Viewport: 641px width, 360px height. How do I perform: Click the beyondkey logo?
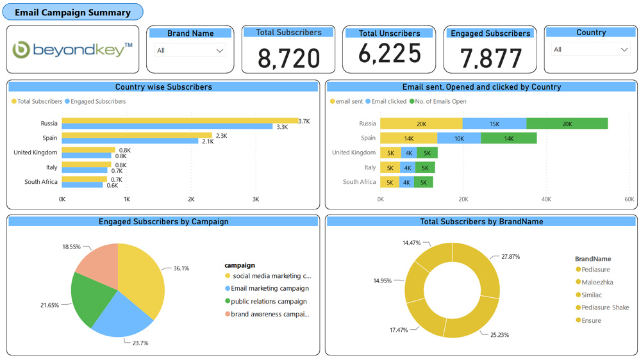[72, 49]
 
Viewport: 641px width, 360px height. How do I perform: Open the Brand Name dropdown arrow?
[220, 51]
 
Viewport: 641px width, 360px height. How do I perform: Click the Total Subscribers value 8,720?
[288, 58]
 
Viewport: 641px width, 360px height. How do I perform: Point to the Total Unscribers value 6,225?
[390, 54]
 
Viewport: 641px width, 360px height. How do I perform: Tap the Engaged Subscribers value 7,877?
[491, 58]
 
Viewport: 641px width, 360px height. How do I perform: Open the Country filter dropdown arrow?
[624, 50]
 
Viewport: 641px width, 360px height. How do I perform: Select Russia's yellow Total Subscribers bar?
[179, 120]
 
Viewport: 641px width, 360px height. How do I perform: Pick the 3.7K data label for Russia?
[304, 120]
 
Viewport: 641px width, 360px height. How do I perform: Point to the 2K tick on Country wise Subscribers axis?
[191, 200]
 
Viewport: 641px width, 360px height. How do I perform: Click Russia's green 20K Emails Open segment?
[567, 124]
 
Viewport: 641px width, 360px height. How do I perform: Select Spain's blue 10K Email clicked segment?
[459, 138]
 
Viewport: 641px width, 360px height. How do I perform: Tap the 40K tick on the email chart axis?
[546, 200]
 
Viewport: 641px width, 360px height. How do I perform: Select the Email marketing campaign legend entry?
[269, 289]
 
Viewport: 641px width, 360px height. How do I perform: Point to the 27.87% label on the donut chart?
[511, 256]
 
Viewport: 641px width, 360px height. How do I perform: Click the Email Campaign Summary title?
[72, 12]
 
